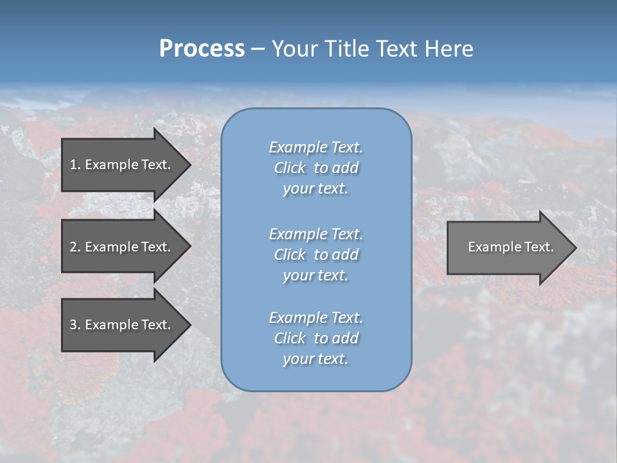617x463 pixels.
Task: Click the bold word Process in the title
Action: click(202, 49)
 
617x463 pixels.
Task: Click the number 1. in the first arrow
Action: click(75, 165)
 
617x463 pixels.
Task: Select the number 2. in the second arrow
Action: click(75, 247)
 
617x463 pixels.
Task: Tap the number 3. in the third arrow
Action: click(75, 325)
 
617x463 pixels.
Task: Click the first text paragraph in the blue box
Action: click(316, 168)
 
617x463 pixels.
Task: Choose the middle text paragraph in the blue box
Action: click(316, 254)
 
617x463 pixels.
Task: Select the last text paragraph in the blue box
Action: click(316, 338)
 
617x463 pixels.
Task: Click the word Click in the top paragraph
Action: click(290, 168)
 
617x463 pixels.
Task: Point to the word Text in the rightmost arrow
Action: click(539, 247)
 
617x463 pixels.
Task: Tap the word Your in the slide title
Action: click(292, 49)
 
